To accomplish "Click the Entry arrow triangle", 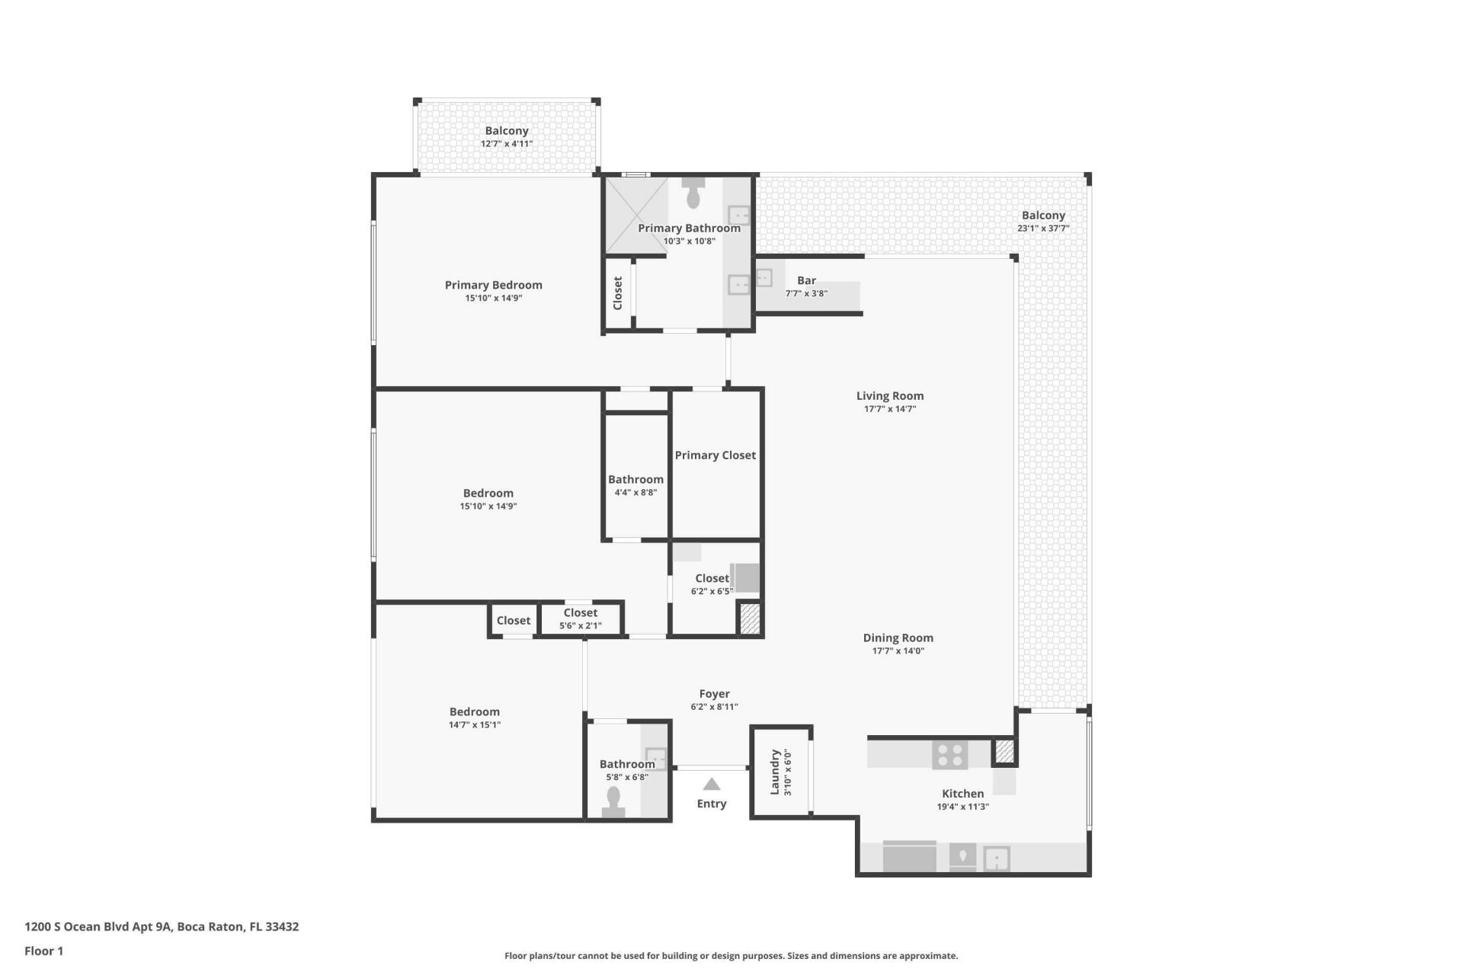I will pos(711,784).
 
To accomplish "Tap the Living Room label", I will pos(889,396).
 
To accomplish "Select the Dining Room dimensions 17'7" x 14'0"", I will pos(898,651).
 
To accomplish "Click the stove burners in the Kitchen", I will pos(950,755).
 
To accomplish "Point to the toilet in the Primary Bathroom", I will pos(693,195).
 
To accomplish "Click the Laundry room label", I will pos(776,772).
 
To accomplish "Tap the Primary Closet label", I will pos(715,456).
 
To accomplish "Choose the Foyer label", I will pos(714,694).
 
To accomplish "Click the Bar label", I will pos(806,281).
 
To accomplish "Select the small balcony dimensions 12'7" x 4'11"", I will pos(506,144).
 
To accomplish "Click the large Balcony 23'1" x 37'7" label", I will pos(1043,216).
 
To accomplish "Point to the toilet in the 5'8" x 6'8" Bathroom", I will pos(613,801).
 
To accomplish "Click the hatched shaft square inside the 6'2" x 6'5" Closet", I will pos(750,618).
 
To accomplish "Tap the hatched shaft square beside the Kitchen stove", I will pos(1005,752).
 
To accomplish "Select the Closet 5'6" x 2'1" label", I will pos(580,613).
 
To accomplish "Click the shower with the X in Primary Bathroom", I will pos(635,215).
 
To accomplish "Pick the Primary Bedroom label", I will pos(493,286).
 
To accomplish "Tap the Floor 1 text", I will pos(43,951).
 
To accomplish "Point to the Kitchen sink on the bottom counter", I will pos(997,859).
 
